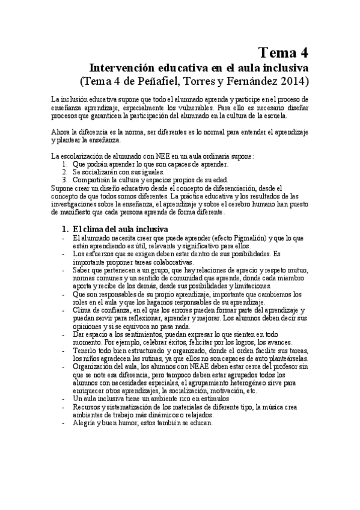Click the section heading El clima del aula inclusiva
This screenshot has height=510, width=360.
(x=120, y=229)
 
